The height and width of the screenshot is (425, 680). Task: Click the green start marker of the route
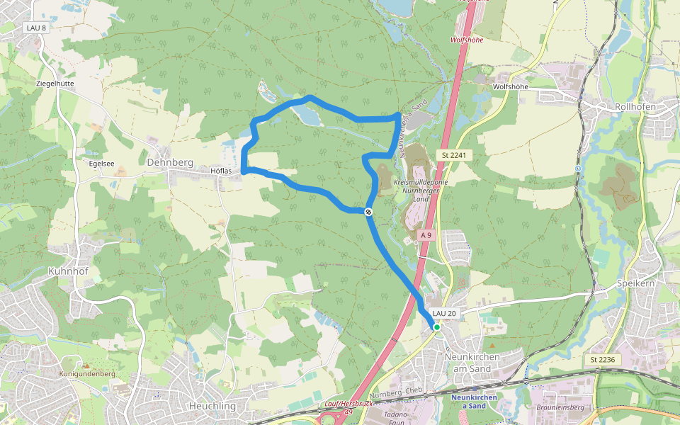[x=437, y=327]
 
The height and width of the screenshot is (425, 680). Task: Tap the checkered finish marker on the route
[x=368, y=212]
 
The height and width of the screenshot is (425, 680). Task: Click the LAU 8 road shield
[x=35, y=28]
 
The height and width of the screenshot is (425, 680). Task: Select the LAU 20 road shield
[x=443, y=313]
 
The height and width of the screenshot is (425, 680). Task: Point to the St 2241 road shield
[x=455, y=155]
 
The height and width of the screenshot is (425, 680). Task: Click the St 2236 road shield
[x=601, y=360]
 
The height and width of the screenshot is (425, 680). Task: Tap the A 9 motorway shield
[x=425, y=234]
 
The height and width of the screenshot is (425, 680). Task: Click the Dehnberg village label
[x=169, y=162]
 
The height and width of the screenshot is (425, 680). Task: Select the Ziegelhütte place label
[x=55, y=83]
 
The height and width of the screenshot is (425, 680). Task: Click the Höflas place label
[x=222, y=171]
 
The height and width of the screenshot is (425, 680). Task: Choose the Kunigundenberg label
[x=87, y=373]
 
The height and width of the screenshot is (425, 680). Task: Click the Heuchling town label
[x=212, y=406]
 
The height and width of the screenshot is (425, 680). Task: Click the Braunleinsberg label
[x=560, y=408]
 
